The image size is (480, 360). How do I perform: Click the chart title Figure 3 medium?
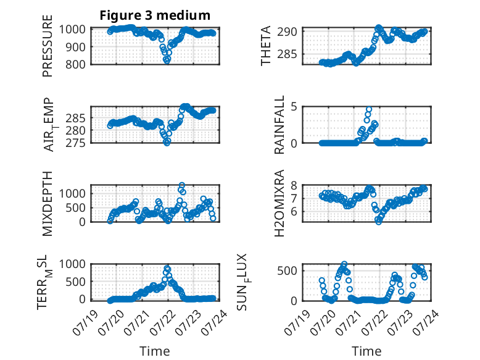[x=155, y=15]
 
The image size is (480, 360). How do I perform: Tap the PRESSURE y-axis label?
[x=48, y=46]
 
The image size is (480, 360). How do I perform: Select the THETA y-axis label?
[x=266, y=46]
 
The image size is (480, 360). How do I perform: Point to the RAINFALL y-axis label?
[x=279, y=124]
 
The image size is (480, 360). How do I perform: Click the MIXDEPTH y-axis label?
[x=48, y=203]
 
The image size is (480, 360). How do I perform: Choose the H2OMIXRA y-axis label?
[x=279, y=203]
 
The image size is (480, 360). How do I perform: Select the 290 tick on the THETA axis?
[x=287, y=31]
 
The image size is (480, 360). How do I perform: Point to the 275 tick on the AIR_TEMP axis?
[x=75, y=143]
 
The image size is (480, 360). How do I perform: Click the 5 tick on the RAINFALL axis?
[x=294, y=107]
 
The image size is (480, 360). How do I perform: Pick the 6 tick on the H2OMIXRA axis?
[x=294, y=212]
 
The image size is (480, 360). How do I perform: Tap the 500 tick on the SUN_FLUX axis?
[x=287, y=271]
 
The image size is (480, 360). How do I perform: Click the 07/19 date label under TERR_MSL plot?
[x=85, y=322]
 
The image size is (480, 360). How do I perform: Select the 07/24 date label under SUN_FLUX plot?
[x=426, y=322]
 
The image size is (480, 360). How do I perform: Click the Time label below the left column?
[x=155, y=351]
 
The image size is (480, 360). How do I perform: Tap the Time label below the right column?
[x=366, y=351]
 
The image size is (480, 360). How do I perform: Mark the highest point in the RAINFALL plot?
[x=369, y=109]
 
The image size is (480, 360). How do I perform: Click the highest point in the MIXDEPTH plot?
[x=182, y=185]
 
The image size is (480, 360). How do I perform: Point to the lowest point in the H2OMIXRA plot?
[x=379, y=222]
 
